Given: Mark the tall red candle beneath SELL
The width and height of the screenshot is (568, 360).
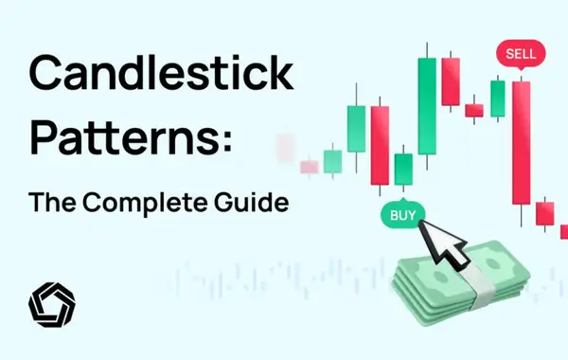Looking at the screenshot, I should click(x=521, y=142).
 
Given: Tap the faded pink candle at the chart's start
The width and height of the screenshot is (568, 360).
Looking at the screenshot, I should click(x=310, y=167).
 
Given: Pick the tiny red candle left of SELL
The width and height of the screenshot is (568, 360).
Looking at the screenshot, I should click(x=474, y=110).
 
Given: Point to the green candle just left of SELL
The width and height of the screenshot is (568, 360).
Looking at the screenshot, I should click(x=497, y=98).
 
